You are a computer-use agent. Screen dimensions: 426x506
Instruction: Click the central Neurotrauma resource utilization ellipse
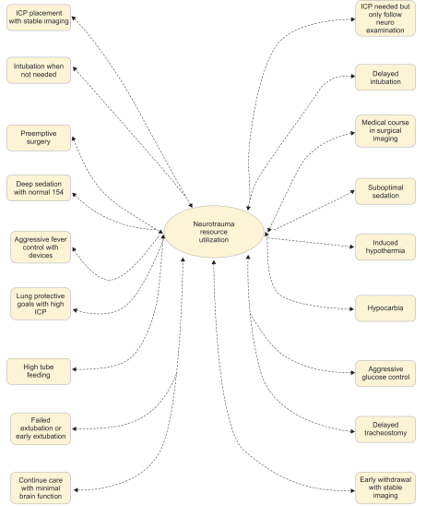point(214,232)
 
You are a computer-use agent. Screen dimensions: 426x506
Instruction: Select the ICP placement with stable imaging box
point(39,18)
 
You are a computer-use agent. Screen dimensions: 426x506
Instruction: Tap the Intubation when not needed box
point(39,70)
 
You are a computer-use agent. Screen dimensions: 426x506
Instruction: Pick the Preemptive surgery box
point(39,138)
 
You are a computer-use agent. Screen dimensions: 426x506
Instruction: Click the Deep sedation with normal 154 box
point(39,187)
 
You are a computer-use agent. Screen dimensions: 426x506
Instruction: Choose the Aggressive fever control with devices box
point(41,247)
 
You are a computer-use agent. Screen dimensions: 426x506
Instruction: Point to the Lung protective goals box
point(41,304)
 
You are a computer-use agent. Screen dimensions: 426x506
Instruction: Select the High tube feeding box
point(39,371)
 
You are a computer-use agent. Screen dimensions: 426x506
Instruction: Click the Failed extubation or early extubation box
point(41,428)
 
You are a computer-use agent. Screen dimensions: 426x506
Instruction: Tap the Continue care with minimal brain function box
point(41,488)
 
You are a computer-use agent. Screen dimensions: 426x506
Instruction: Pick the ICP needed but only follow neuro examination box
point(385,18)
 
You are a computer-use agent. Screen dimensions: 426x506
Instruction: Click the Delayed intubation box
point(385,78)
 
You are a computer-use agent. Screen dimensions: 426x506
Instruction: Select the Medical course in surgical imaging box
point(385,131)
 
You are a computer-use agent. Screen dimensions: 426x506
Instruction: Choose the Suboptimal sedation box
point(385,191)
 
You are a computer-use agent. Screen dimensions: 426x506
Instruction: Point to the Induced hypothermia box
point(385,247)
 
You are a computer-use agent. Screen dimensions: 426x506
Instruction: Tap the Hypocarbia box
point(385,308)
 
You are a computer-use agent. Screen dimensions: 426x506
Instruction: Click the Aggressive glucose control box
point(385,373)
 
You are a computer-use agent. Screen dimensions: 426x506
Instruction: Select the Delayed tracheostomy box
point(385,429)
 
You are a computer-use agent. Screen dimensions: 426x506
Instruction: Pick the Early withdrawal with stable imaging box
point(385,488)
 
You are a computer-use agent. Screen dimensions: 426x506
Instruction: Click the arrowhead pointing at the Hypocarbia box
point(352,309)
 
